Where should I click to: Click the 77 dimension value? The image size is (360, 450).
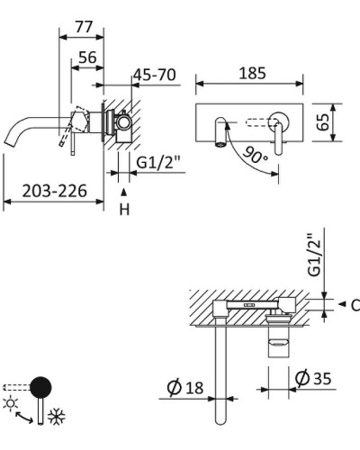[84, 27]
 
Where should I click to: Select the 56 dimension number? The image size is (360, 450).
[87, 57]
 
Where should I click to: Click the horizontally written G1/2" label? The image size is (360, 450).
[159, 163]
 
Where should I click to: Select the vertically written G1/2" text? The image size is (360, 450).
[314, 255]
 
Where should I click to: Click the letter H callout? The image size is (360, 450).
[125, 209]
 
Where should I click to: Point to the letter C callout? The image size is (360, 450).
[354, 305]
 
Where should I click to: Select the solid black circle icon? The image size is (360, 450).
[40, 388]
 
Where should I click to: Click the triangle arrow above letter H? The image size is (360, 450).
[125, 192]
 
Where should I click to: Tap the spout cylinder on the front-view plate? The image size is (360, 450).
[219, 131]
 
